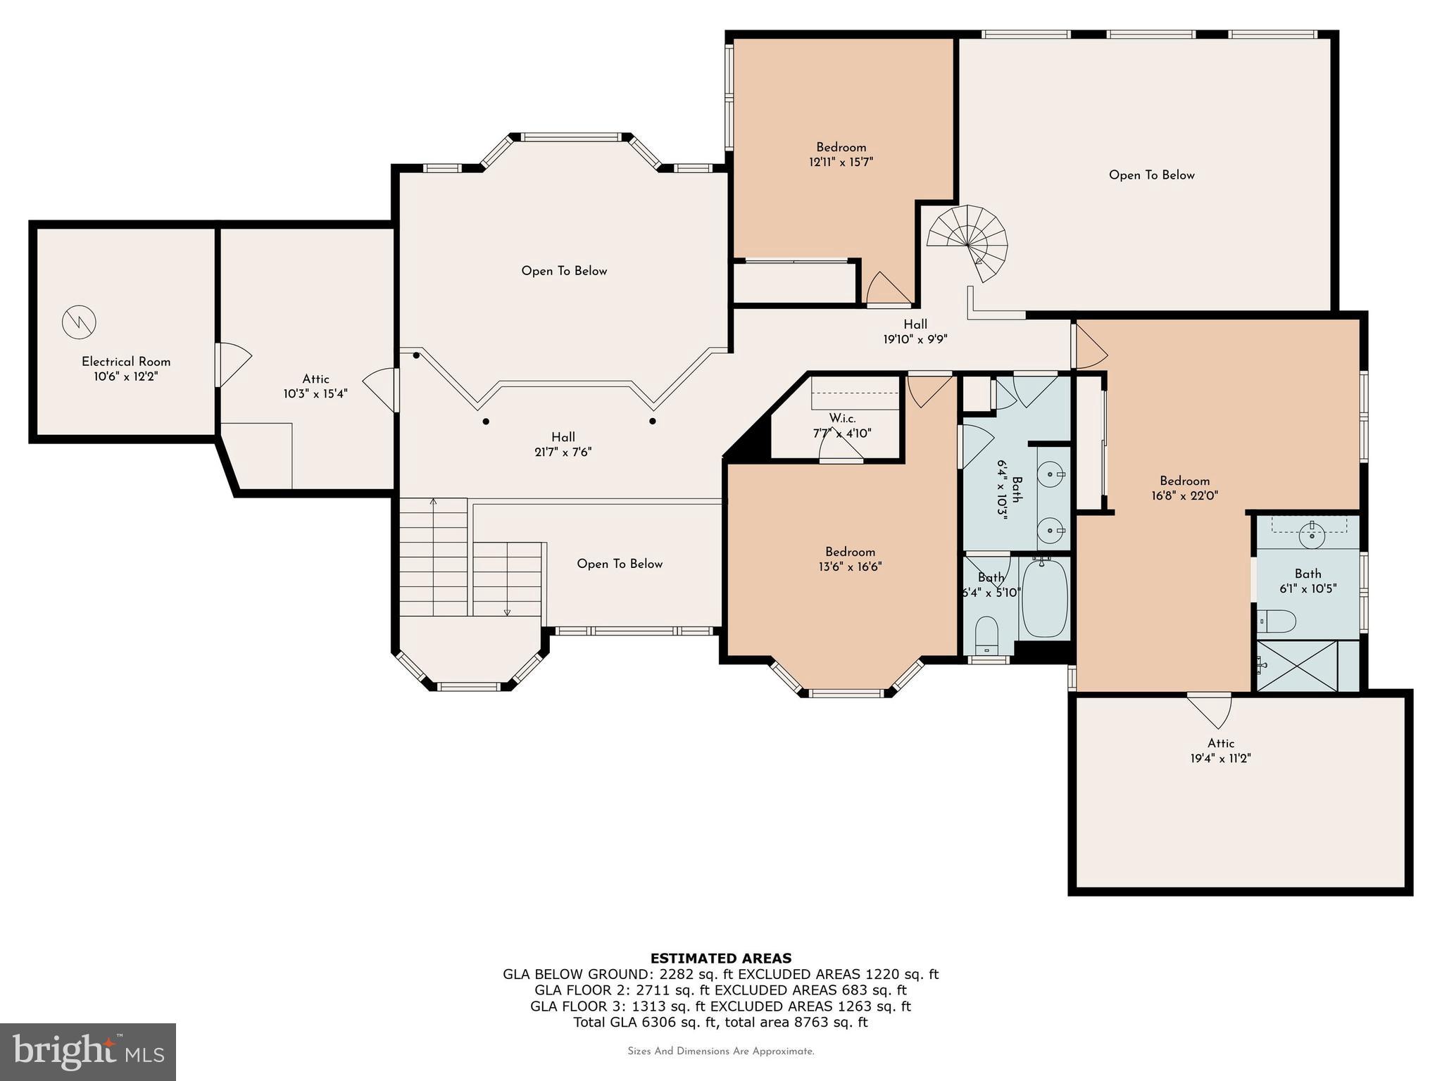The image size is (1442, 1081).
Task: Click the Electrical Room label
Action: click(126, 362)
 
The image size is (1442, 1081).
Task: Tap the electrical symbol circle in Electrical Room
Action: click(79, 322)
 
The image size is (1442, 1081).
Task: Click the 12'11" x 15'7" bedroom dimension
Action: click(841, 163)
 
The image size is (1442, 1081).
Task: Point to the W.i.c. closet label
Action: click(842, 419)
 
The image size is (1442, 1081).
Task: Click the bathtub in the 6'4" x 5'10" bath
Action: click(1045, 598)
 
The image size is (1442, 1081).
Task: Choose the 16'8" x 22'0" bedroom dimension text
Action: click(1184, 495)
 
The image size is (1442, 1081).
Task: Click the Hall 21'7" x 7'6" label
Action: click(563, 445)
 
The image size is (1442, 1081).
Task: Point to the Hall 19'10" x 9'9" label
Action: click(915, 331)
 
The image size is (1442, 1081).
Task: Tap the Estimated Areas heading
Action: click(720, 958)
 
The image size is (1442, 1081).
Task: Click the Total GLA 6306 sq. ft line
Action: click(720, 1022)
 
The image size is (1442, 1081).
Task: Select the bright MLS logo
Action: click(88, 1051)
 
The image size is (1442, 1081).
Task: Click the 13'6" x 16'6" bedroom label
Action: click(851, 560)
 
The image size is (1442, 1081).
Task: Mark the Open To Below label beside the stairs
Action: click(620, 564)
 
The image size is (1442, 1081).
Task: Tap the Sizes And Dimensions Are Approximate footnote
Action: click(720, 1051)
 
